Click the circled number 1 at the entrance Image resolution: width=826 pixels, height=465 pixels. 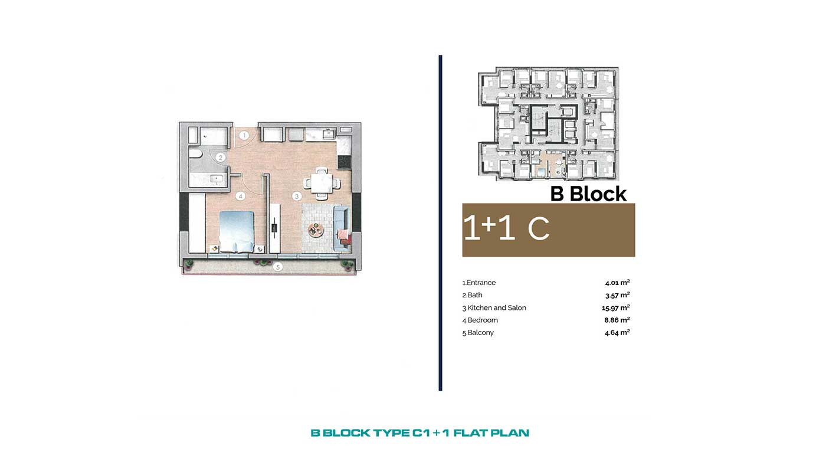244,136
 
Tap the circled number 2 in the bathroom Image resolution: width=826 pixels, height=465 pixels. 221,158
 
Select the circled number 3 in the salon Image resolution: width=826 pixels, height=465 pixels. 296,196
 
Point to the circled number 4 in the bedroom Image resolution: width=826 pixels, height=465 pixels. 241,196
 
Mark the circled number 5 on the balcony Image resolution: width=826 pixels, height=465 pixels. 278,267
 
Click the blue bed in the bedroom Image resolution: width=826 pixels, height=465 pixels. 237,231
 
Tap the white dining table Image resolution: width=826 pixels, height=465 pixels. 322,183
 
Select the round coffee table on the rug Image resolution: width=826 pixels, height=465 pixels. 316,231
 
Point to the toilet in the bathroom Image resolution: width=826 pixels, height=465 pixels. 195,153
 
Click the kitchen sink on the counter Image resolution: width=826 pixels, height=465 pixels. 329,134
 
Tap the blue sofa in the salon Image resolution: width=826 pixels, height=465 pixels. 342,228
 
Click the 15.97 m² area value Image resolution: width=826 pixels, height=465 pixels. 616,307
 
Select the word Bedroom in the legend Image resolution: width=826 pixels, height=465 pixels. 483,320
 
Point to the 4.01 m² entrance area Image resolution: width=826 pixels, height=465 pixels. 617,283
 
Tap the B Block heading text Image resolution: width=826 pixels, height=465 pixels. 588,194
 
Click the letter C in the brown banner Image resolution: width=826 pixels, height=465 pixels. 538,228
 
